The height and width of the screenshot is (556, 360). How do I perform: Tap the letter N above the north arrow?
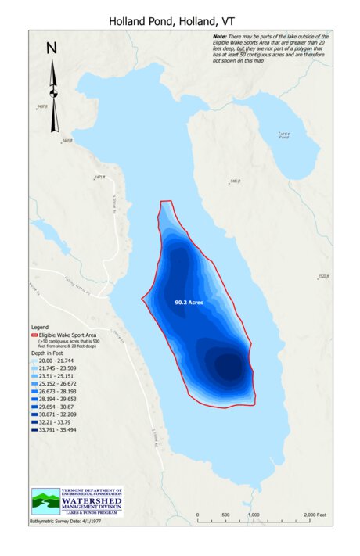click(52, 48)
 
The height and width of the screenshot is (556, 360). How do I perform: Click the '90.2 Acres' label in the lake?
click(190, 300)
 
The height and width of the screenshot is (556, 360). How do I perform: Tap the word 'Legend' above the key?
click(39, 327)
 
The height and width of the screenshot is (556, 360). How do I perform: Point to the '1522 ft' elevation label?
click(324, 276)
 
